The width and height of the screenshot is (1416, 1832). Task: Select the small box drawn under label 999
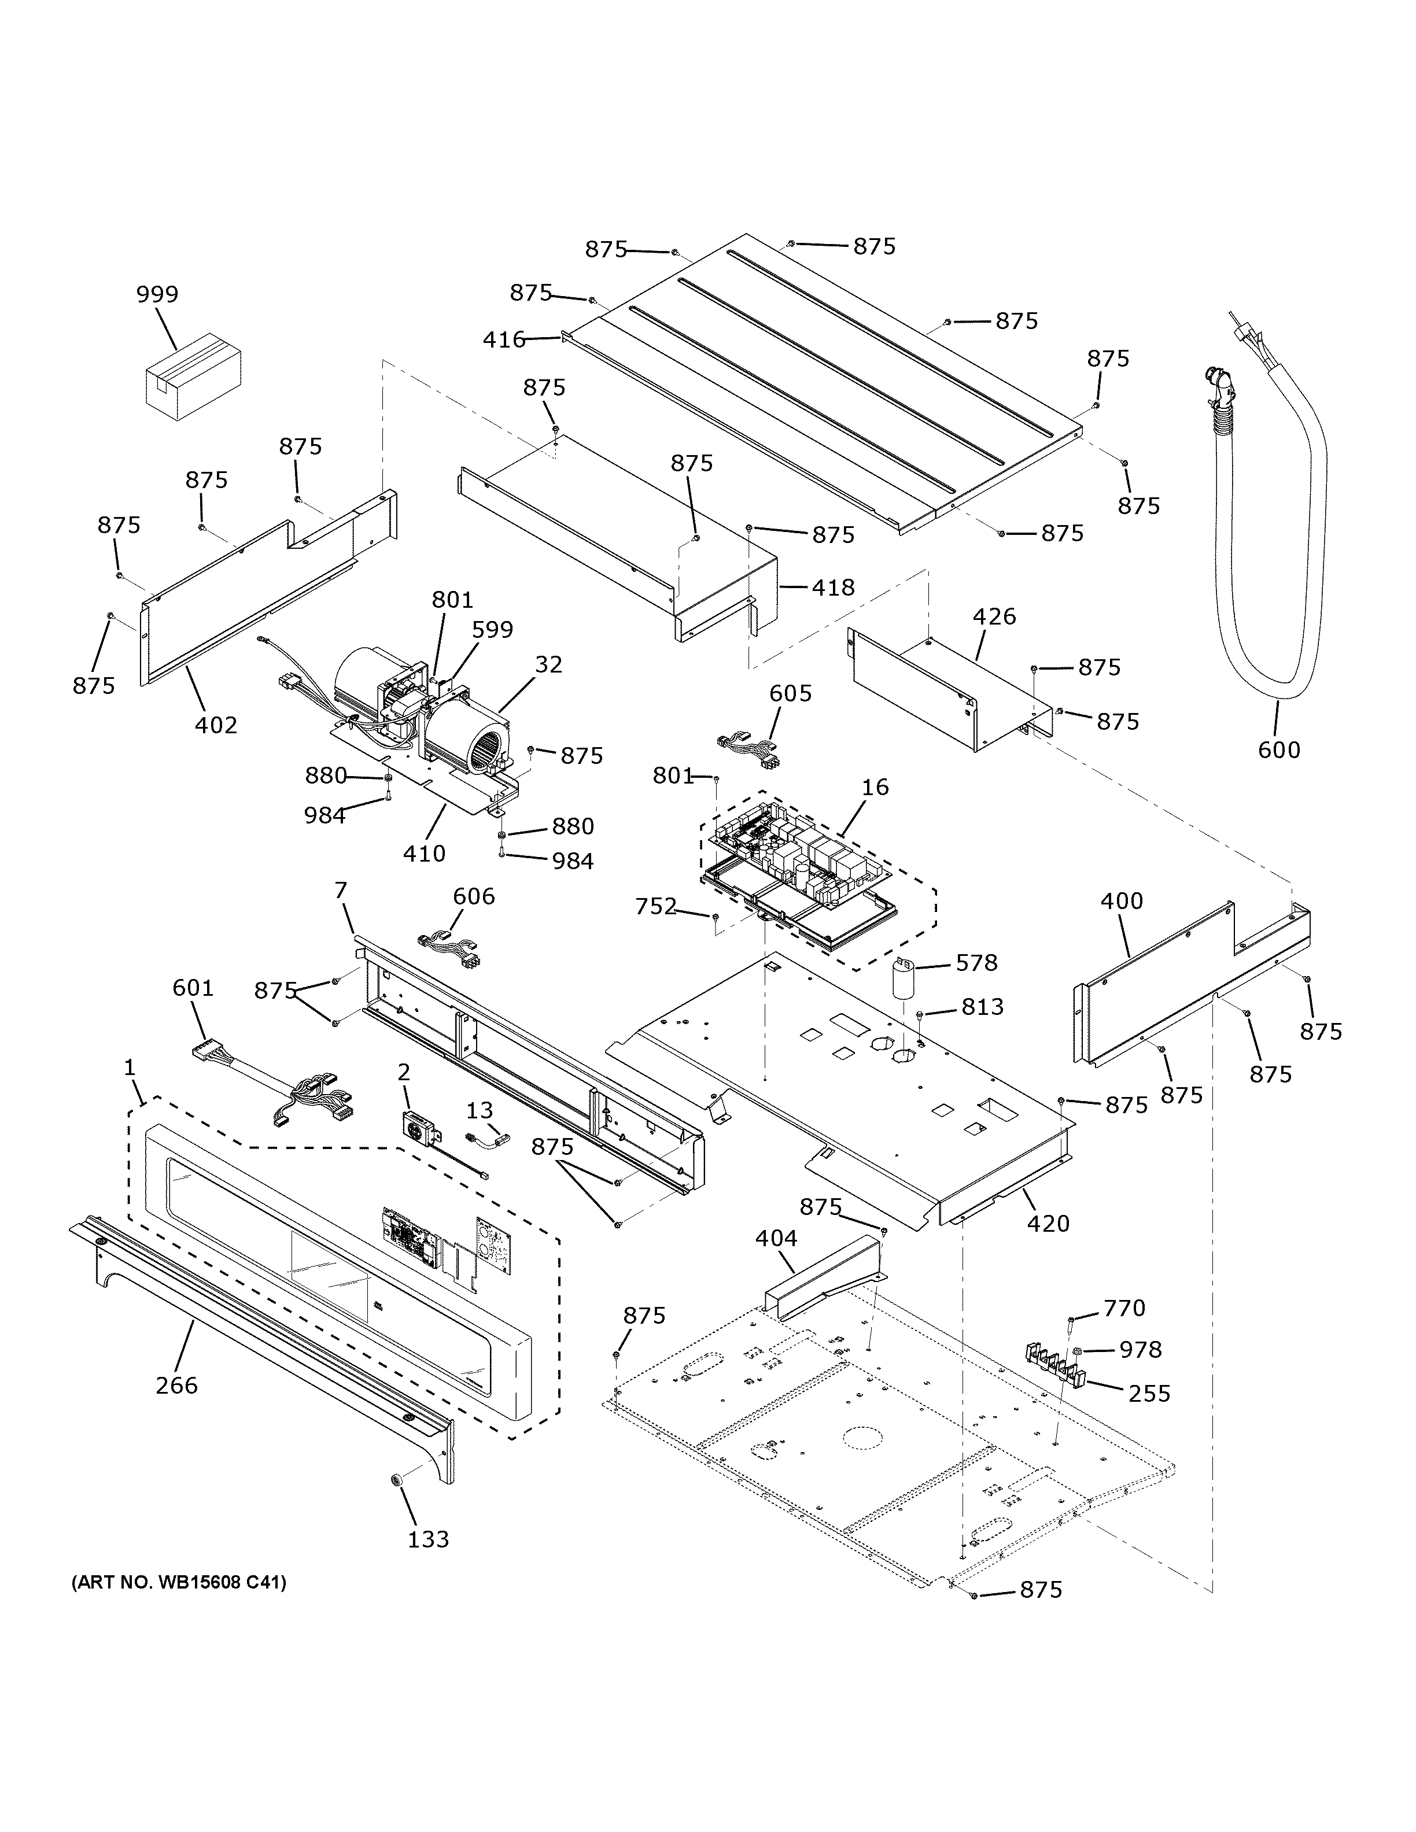pyautogui.click(x=193, y=375)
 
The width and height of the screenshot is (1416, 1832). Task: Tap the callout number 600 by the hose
pyautogui.click(x=1278, y=750)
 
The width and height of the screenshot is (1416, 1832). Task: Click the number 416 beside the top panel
pyautogui.click(x=504, y=339)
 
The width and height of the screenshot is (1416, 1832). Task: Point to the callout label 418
pyautogui.click(x=833, y=587)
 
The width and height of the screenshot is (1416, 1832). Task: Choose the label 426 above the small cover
pyautogui.click(x=994, y=616)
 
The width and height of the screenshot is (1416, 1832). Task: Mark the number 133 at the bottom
pyautogui.click(x=429, y=1539)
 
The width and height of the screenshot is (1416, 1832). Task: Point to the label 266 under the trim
pyautogui.click(x=176, y=1385)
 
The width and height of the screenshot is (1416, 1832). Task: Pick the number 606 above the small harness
pyautogui.click(x=473, y=897)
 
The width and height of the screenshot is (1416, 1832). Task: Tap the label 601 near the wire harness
pyautogui.click(x=193, y=989)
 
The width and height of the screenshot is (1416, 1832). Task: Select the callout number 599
pyautogui.click(x=492, y=630)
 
